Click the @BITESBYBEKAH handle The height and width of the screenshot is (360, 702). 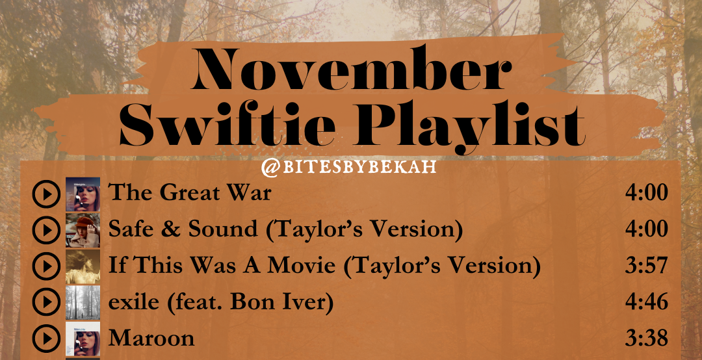pos(348,167)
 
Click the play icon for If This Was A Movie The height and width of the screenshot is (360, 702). pos(46,266)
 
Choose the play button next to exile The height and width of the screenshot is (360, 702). pos(46,302)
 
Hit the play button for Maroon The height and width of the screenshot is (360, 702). pos(46,339)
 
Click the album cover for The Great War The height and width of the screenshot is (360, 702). pos(83,194)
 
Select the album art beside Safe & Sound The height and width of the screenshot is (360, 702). pos(83,230)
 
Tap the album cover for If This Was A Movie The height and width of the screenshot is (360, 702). pos(83,266)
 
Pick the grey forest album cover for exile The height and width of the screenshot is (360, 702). pos(83,303)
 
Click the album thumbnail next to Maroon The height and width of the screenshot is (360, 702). pos(83,339)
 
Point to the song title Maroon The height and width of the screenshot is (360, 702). pos(151,339)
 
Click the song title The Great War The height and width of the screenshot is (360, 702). pos(189,193)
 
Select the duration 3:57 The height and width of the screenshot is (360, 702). pos(646,266)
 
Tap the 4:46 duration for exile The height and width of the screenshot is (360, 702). pos(646,302)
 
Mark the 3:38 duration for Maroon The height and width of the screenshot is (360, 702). pos(646,339)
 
